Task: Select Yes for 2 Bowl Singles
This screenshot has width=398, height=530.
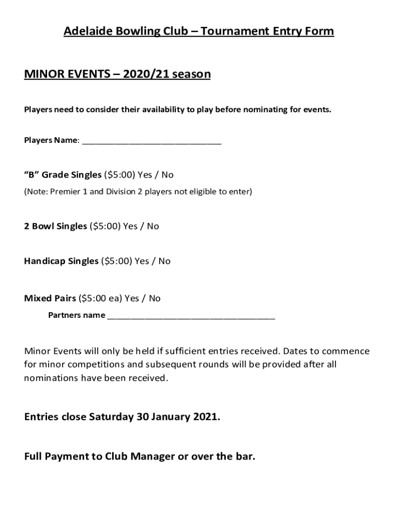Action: click(131, 226)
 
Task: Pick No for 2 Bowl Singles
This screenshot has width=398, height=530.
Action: click(153, 226)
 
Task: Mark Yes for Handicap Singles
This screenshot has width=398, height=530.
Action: click(142, 261)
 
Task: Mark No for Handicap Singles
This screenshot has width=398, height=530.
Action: click(164, 261)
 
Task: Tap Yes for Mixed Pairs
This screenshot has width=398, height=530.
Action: click(132, 299)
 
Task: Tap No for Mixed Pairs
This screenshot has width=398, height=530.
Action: click(155, 299)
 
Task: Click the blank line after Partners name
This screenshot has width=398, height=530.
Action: click(191, 316)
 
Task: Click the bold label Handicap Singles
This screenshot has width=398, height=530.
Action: click(61, 261)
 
